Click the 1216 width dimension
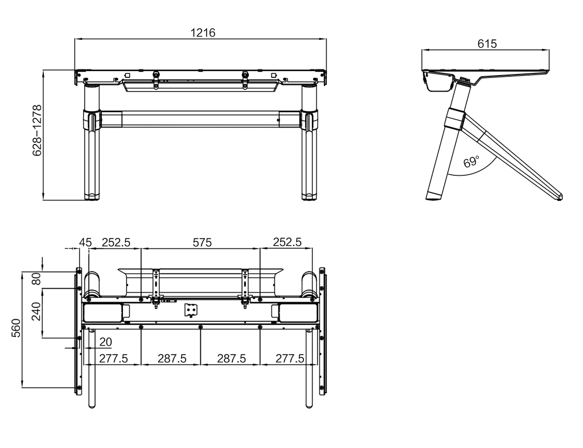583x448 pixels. coord(203,32)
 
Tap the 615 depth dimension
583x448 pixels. coord(487,44)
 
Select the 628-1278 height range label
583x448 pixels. coord(37,130)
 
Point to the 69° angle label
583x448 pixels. coord(471,162)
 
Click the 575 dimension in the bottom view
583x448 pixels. coord(202,243)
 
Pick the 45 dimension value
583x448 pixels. coord(85,243)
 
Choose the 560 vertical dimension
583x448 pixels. coord(17,328)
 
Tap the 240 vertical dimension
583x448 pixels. coord(36,311)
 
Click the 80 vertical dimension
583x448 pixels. coord(36,279)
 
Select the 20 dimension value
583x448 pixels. coord(105,342)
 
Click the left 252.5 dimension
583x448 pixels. coord(116,243)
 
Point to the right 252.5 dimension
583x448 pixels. coord(287,243)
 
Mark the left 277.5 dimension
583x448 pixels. coord(113,359)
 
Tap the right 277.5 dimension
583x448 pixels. coord(290,359)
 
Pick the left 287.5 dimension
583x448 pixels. coord(172,359)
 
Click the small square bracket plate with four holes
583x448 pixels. coord(191,310)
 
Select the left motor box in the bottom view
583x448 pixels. coord(103,313)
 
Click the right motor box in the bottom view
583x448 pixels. coord(298,313)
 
